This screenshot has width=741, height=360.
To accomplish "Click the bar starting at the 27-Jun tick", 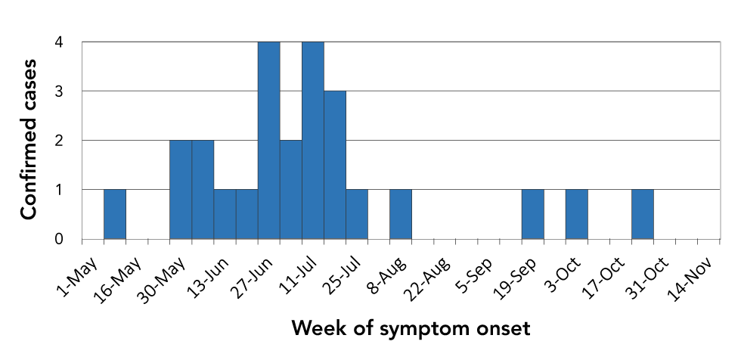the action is (269, 141).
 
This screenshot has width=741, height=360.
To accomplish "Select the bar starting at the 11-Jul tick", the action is (313, 141).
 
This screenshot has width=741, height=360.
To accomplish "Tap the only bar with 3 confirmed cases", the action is (334, 165).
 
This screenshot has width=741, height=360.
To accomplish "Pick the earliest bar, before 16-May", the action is (115, 214).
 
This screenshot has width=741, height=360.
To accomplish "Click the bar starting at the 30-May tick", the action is (181, 189).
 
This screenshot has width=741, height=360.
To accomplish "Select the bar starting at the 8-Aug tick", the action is (401, 214).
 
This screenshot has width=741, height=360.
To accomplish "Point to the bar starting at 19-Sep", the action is (532, 214).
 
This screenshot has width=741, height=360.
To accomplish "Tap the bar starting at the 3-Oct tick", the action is (576, 214).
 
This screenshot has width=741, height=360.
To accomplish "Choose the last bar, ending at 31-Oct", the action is (643, 214).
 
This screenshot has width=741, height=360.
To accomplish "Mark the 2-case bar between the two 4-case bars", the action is (290, 189).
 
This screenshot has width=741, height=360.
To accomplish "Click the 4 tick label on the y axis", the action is (59, 42).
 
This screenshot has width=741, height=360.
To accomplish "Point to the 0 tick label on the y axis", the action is (59, 240).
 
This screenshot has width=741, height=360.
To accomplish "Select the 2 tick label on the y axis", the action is (59, 141).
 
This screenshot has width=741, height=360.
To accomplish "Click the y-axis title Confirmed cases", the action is (29, 140).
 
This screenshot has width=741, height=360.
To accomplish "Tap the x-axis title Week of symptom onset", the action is (410, 328).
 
